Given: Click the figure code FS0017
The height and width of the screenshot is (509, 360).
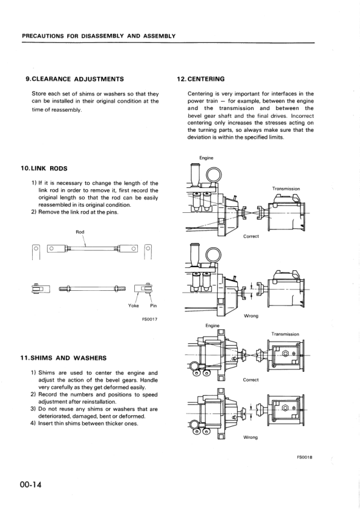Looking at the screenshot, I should (x=148, y=319).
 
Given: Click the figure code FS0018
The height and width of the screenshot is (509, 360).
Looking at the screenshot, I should (x=304, y=458).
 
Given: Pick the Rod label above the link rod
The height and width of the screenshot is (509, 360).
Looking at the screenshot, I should (x=80, y=232).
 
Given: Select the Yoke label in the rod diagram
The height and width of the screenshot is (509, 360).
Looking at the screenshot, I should (x=134, y=305).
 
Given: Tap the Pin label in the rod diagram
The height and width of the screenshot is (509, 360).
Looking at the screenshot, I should (x=153, y=305).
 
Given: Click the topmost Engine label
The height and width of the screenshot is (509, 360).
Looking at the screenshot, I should (x=206, y=158).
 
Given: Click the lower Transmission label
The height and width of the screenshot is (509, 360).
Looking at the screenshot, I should (x=285, y=334).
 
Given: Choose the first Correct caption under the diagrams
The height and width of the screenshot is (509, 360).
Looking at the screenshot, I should (x=250, y=236).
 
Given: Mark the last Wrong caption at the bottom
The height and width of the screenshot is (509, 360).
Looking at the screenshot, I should (x=250, y=437).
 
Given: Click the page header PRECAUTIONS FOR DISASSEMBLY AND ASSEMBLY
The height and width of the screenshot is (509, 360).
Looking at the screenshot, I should (x=99, y=36).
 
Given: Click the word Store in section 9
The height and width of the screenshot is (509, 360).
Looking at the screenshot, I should (x=40, y=94).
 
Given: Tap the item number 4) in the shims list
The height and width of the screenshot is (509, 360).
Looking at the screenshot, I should (x=34, y=423).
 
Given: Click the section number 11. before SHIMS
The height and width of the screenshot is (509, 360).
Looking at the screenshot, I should (x=25, y=357).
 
